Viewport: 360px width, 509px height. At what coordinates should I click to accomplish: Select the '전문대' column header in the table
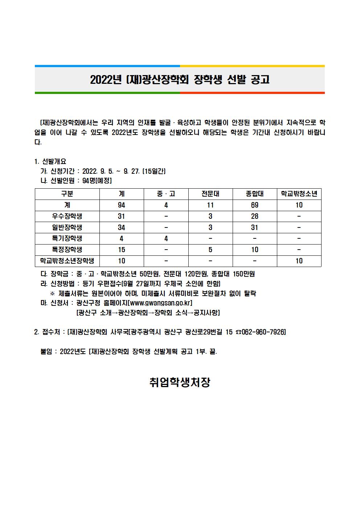[x=210, y=194]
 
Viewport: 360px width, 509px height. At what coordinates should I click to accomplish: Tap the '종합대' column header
[x=255, y=194]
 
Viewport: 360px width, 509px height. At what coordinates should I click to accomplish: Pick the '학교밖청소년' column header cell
[x=299, y=194]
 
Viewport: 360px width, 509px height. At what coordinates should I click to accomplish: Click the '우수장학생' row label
[x=67, y=216]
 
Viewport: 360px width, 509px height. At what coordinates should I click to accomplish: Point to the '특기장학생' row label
[x=67, y=238]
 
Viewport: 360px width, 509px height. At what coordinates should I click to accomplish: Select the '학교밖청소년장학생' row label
[x=67, y=261]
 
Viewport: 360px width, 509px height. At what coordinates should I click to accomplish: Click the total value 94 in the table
[x=122, y=205]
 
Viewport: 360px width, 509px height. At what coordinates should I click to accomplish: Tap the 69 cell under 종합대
[x=255, y=205]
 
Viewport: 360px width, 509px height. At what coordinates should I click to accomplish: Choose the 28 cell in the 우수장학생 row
[x=255, y=216]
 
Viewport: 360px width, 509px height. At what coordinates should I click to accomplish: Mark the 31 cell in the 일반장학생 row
[x=255, y=227]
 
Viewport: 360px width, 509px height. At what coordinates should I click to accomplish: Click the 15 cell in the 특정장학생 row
[x=122, y=250]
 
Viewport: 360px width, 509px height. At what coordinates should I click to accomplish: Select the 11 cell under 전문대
[x=210, y=205]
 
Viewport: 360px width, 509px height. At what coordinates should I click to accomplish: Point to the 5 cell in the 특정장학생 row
[x=210, y=250]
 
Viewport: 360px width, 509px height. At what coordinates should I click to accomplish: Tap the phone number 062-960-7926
[x=262, y=332]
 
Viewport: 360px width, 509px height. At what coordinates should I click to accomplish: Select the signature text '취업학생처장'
[x=180, y=382]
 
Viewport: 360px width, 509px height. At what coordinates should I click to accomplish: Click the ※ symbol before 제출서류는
[x=53, y=293]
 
